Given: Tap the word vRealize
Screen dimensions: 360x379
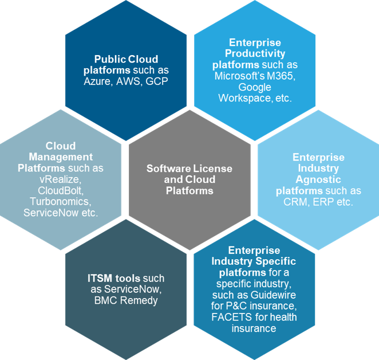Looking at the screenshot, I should (61, 179).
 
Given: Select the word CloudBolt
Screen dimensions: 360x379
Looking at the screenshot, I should (61, 190).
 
